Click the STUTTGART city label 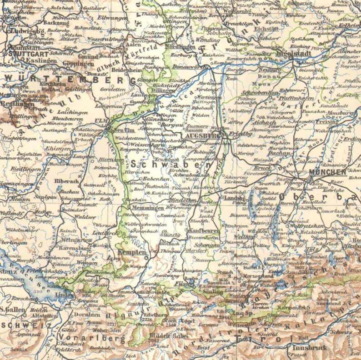point(22,53)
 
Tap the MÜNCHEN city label point(327,172)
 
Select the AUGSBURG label point(202,135)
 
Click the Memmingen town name point(141,208)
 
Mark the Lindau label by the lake point(64,295)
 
